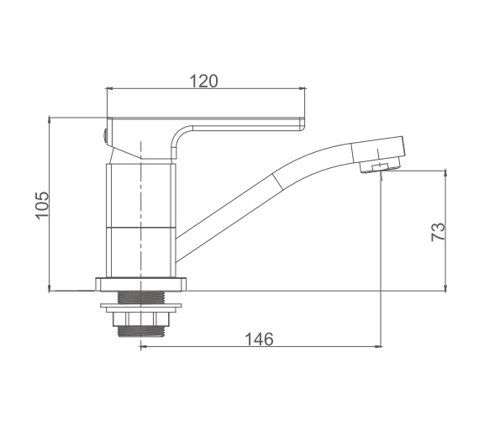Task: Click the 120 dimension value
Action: pos(204,81)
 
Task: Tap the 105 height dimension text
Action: pos(42,205)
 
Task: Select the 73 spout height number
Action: pos(438,232)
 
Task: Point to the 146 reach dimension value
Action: pos(259,339)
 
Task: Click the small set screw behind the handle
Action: pos(104,135)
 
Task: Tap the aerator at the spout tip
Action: pos(380,166)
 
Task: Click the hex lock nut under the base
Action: pos(140,318)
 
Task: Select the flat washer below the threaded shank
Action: pos(140,306)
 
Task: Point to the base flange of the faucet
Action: pos(140,285)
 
